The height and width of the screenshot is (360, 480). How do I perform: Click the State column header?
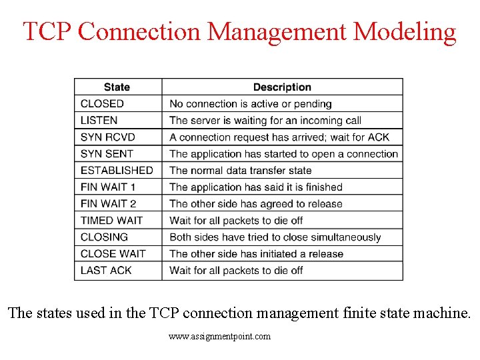coord(117,87)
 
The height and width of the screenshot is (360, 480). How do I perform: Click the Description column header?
coord(282,87)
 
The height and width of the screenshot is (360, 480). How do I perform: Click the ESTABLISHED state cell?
coord(117,171)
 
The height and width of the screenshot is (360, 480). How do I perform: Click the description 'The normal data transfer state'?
coord(241,171)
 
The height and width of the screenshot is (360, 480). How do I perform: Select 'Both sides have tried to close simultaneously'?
coord(275,237)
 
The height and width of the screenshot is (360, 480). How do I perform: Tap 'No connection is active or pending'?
coord(251,104)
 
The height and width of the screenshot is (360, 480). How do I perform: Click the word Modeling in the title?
coord(405,31)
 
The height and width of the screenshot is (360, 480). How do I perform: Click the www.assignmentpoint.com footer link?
coord(220,337)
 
